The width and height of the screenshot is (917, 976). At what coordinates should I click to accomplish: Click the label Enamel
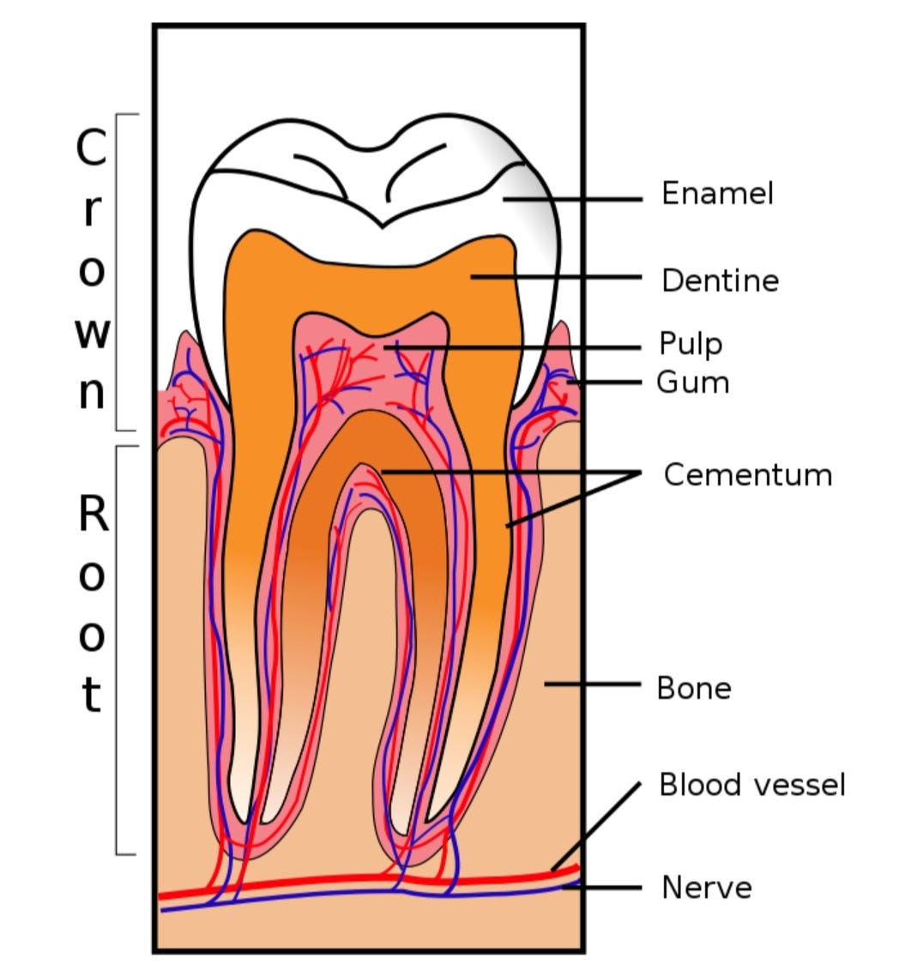click(x=717, y=194)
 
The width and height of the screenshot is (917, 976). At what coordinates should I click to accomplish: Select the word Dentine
click(x=720, y=280)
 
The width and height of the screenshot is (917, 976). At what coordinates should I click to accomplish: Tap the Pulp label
click(x=691, y=343)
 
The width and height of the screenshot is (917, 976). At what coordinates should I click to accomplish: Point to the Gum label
click(x=692, y=382)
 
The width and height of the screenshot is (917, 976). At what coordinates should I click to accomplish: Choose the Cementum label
click(x=747, y=474)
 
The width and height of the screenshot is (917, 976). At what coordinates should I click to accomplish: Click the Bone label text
click(x=693, y=688)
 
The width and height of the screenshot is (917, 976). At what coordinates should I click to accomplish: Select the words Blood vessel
click(x=751, y=785)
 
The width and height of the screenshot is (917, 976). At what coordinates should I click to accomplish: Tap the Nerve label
click(x=706, y=887)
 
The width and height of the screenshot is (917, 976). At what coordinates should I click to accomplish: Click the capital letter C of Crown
click(x=91, y=148)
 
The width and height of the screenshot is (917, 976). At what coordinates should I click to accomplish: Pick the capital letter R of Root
click(x=93, y=514)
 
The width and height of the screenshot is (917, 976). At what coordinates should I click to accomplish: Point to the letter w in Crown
click(x=92, y=333)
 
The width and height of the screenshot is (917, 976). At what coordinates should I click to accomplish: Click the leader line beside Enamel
click(x=573, y=199)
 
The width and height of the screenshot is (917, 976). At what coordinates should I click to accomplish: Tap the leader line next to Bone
click(x=592, y=684)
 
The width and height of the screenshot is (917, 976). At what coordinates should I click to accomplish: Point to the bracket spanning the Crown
click(x=118, y=271)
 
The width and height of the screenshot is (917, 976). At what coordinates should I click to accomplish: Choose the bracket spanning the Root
click(x=118, y=649)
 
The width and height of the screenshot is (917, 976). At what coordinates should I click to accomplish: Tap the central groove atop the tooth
click(x=382, y=225)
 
